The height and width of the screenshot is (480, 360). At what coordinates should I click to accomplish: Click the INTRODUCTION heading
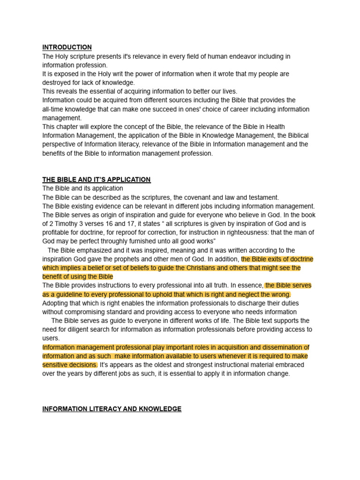(x=67, y=47)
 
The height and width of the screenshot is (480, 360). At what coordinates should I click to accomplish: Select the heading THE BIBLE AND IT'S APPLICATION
(x=97, y=180)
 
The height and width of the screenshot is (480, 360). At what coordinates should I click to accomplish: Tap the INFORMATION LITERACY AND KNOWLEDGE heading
(x=112, y=409)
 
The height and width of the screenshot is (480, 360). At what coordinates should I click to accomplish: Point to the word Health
(x=274, y=127)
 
